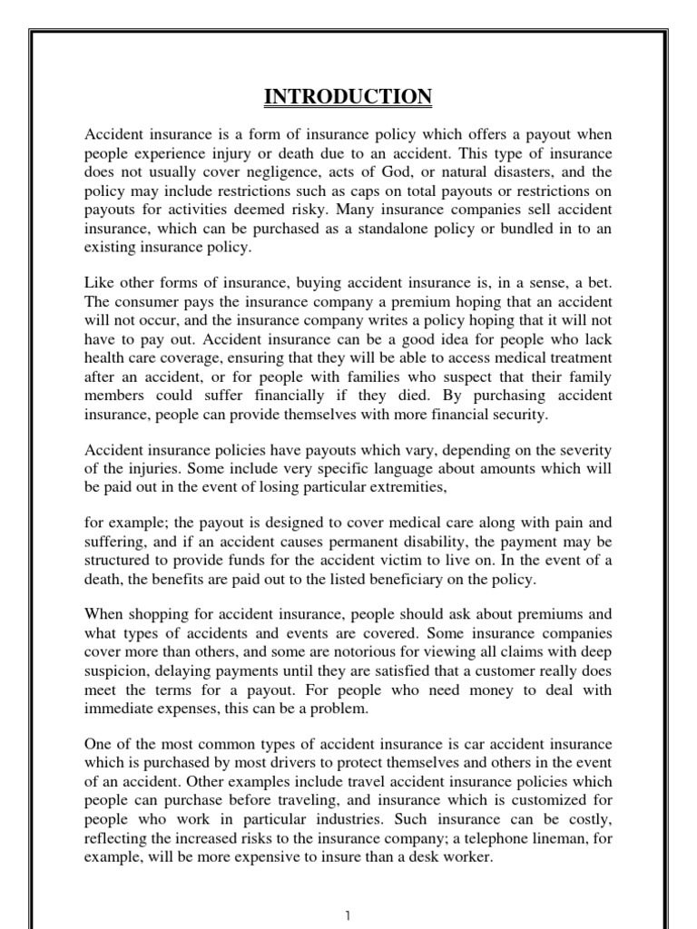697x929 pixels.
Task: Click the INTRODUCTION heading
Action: (x=348, y=96)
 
